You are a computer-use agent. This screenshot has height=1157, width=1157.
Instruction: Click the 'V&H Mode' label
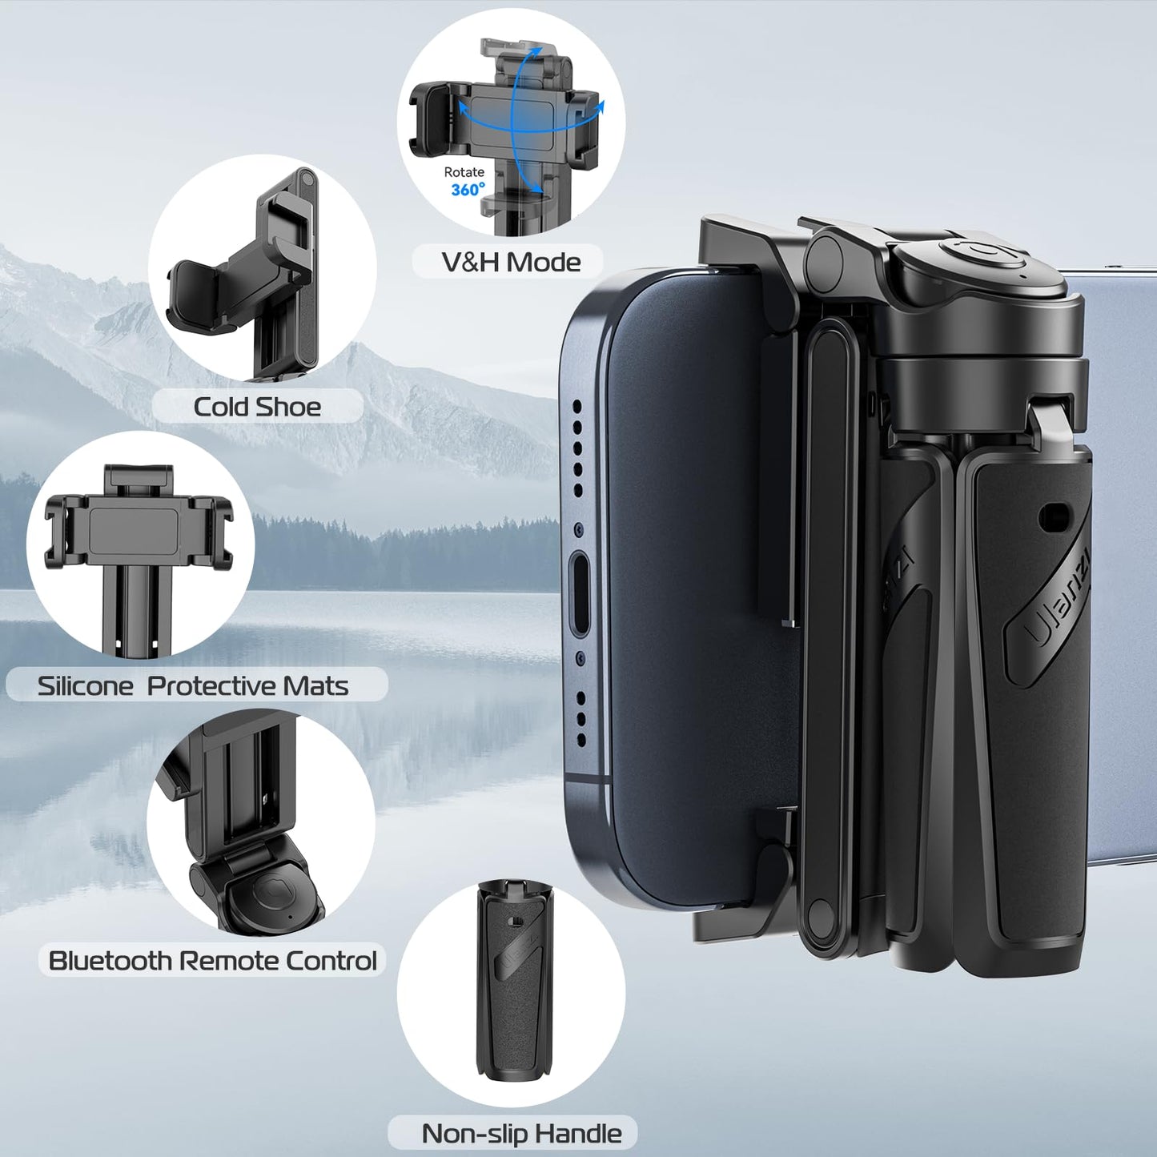(511, 262)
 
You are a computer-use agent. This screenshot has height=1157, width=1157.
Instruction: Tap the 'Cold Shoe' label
(257, 407)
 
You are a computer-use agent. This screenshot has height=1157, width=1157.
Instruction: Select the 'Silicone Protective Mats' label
(193, 686)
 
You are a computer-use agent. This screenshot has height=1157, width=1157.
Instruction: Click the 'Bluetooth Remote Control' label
(212, 961)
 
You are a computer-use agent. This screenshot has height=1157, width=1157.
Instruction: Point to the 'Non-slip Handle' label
(521, 1134)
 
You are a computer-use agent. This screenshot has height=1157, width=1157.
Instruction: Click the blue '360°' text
(468, 190)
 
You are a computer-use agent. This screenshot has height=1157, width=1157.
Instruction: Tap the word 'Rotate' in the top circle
(464, 172)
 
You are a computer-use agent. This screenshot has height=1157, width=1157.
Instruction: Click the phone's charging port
(581, 593)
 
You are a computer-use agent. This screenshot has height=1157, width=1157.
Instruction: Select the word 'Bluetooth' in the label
(110, 961)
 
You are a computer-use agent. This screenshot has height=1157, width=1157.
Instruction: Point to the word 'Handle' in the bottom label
(578, 1134)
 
